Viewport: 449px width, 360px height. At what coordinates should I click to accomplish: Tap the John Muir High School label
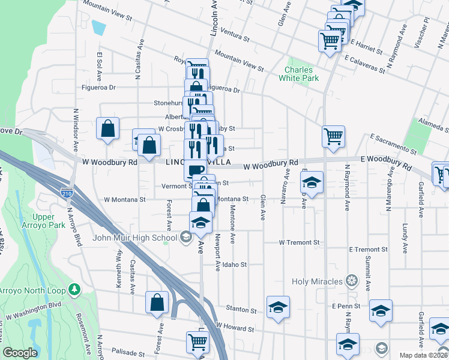pos(135,238)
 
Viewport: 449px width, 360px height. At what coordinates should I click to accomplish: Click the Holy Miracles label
pos(318,281)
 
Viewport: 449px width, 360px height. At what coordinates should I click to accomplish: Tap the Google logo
pos(20,353)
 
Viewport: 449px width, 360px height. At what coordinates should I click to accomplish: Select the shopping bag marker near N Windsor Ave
pos(107,128)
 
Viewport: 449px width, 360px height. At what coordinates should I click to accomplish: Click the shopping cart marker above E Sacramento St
pos(333,135)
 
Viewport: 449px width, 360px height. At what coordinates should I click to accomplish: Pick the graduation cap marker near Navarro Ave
pos(312,182)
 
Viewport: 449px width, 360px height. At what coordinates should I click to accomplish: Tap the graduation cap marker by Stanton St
pos(278,307)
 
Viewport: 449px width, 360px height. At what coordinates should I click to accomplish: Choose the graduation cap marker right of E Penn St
pos(381,311)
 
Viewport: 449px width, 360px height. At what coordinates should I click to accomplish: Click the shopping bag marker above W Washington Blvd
pos(157,302)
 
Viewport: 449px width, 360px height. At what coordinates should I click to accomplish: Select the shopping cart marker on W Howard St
pos(197,341)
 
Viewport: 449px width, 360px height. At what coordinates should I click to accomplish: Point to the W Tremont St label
pos(300,242)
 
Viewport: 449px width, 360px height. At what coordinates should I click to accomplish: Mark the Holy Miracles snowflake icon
pos(351,281)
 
